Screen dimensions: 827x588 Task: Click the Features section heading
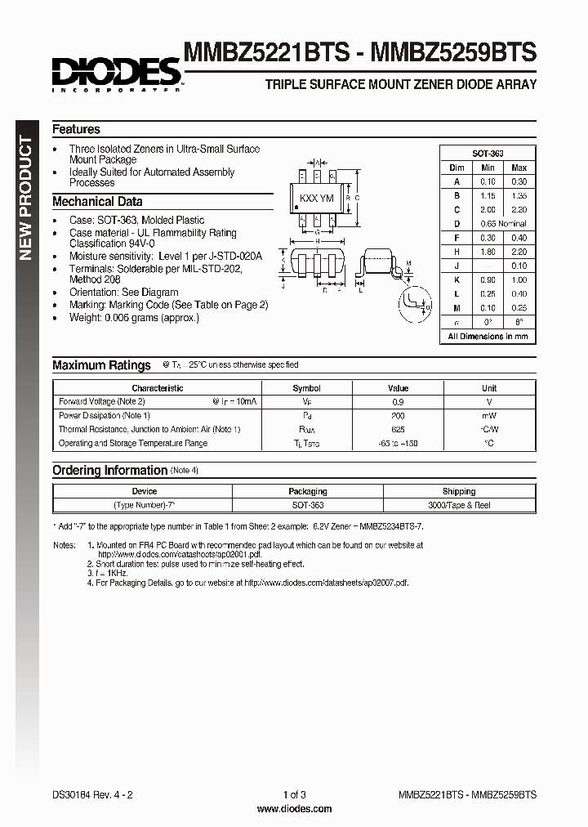click(76, 129)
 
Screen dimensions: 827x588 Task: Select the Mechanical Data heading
click(97, 202)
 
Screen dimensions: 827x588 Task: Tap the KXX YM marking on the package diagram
click(316, 199)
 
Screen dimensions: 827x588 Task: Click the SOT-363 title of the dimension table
click(488, 154)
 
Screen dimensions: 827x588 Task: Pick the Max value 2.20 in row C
click(519, 210)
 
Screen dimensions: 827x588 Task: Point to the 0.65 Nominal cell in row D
click(503, 224)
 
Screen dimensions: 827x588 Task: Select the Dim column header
click(457, 168)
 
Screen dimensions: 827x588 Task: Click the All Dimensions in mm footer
click(488, 336)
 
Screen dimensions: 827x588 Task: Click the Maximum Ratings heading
click(101, 365)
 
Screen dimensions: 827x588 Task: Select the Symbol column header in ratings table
click(306, 388)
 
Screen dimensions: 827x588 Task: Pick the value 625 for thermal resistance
click(398, 430)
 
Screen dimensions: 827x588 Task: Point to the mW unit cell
click(488, 416)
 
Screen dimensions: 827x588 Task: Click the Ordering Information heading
click(109, 471)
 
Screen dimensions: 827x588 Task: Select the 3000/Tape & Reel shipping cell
click(459, 505)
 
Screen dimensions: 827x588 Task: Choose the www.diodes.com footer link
click(294, 808)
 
